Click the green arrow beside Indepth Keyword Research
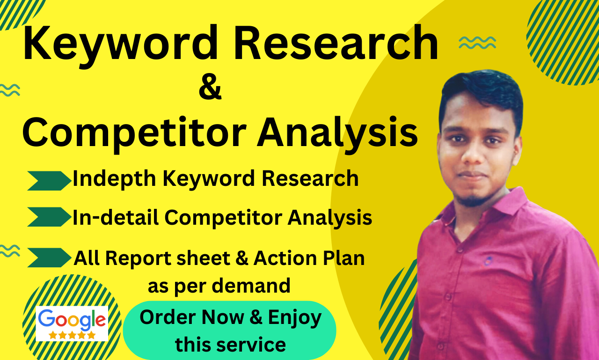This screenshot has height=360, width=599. pos(49,180)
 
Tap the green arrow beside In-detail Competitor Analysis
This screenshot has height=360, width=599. pos(49,217)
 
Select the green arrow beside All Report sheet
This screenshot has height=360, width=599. pos(49,257)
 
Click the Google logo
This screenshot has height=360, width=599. pos(72,319)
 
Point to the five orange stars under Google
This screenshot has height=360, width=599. pos(72,335)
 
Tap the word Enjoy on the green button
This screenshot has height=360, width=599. pos(295,318)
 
